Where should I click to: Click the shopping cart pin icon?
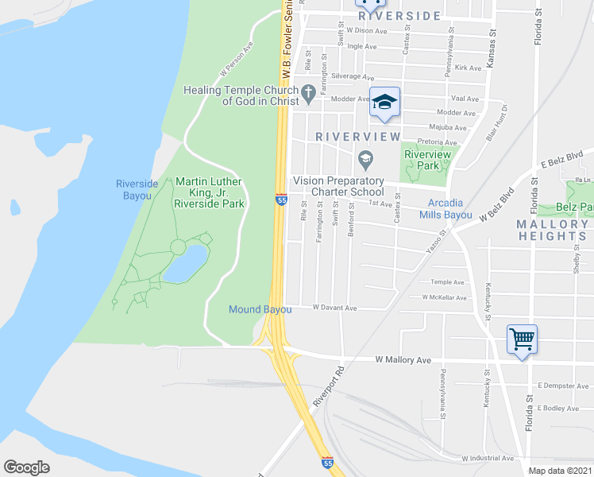tap(522, 339)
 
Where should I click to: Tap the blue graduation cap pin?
tap(384, 102)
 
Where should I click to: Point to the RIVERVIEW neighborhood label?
tap(358, 137)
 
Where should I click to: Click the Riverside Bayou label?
tap(137, 189)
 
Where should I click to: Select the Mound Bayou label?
tap(260, 309)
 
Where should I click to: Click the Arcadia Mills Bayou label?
tap(450, 209)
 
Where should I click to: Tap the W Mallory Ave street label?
tap(403, 360)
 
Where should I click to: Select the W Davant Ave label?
tap(334, 308)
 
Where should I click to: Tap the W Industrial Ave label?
tap(487, 458)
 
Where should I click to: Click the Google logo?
tap(26, 467)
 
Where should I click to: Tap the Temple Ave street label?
tap(447, 282)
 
